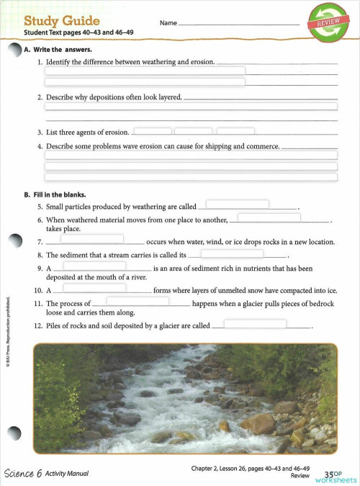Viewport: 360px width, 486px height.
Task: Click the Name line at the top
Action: tap(238, 24)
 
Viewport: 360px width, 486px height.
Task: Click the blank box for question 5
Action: tap(238, 204)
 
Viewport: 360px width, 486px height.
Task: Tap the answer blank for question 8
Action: tap(231, 253)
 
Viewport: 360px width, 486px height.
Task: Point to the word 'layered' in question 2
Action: tap(168, 96)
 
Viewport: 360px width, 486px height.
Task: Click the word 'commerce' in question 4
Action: tap(262, 146)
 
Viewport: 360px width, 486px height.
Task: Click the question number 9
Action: tap(39, 269)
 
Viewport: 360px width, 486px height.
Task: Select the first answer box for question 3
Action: tap(153, 132)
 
